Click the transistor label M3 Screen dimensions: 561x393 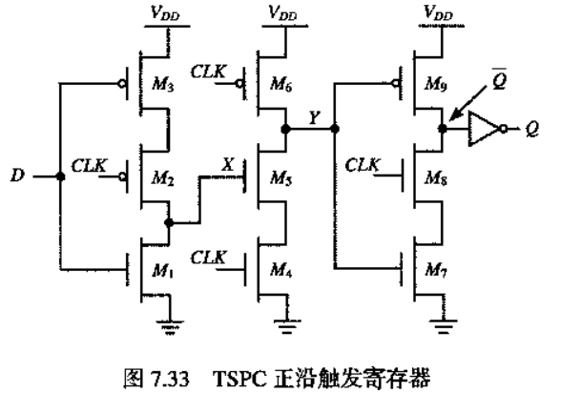tap(163, 85)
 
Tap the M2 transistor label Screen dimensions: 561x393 tap(163, 177)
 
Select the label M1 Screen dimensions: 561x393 tap(163, 271)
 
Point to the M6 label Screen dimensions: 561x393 tap(281, 85)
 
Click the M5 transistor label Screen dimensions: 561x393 tap(281, 177)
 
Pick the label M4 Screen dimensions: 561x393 tap(281, 270)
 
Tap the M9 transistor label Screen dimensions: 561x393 tap(436, 85)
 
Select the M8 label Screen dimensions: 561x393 tap(436, 177)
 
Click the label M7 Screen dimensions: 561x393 tap(436, 270)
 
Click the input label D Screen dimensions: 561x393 tap(17, 176)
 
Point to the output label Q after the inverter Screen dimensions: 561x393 tap(532, 129)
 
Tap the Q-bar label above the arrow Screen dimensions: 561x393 tap(500, 78)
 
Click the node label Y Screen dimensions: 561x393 tap(315, 117)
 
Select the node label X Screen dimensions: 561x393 tap(228, 164)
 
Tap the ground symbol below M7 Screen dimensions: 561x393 tap(444, 326)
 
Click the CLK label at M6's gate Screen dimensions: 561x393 tap(209, 72)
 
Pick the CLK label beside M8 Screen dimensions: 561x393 tap(363, 165)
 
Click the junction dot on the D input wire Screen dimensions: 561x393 tap(61, 176)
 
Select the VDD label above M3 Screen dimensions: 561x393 tap(165, 13)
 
